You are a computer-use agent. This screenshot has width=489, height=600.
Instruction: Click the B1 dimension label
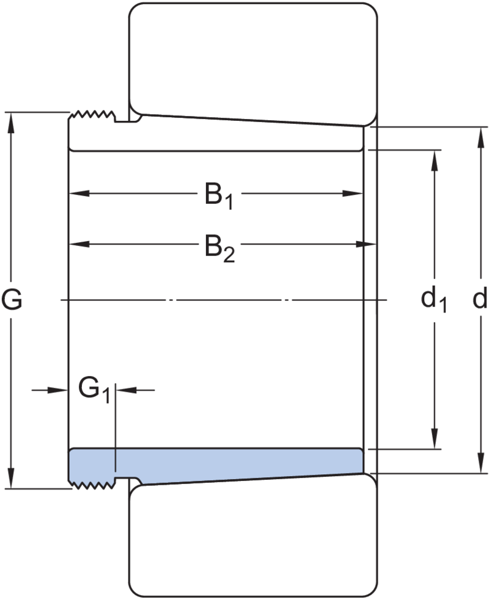[x=218, y=197]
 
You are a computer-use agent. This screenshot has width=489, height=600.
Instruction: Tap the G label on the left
[x=12, y=300]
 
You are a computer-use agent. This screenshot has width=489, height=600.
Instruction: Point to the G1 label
[x=94, y=390]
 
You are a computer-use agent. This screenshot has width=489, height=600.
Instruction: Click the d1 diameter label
[x=433, y=300]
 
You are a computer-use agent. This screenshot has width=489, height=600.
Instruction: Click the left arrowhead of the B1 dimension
[x=76, y=194]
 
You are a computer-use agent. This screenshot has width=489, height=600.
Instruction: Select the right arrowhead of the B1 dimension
[x=354, y=194]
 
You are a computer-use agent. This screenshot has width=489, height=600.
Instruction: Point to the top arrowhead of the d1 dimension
[x=433, y=160]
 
